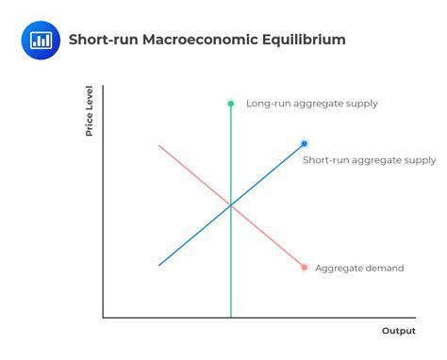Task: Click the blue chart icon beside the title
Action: pyautogui.click(x=41, y=40)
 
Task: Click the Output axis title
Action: pyautogui.click(x=398, y=331)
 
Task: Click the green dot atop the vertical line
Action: pyautogui.click(x=230, y=103)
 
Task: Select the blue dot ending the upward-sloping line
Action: pyautogui.click(x=305, y=143)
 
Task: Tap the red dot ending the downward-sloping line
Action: pyautogui.click(x=305, y=268)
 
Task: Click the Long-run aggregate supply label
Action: pyautogui.click(x=311, y=104)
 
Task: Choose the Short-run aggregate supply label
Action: pyautogui.click(x=369, y=160)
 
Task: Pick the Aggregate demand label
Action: pyautogui.click(x=358, y=269)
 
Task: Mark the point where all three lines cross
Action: pyautogui.click(x=230, y=205)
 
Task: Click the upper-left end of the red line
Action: pyautogui.click(x=159, y=145)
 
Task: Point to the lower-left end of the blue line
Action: pyautogui.click(x=159, y=265)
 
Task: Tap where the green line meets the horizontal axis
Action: pyautogui.click(x=230, y=318)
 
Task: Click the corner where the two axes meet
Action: pyautogui.click(x=103, y=318)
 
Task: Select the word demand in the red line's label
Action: pyautogui.click(x=384, y=269)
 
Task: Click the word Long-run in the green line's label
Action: pyautogui.click(x=266, y=104)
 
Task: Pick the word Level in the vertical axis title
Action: pyautogui.click(x=90, y=98)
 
